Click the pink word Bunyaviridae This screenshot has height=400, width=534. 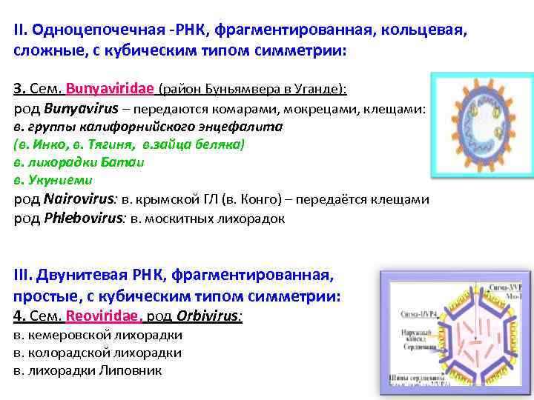[110, 89]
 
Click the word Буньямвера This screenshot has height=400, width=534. [248, 90]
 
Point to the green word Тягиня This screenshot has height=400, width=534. [111, 144]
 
